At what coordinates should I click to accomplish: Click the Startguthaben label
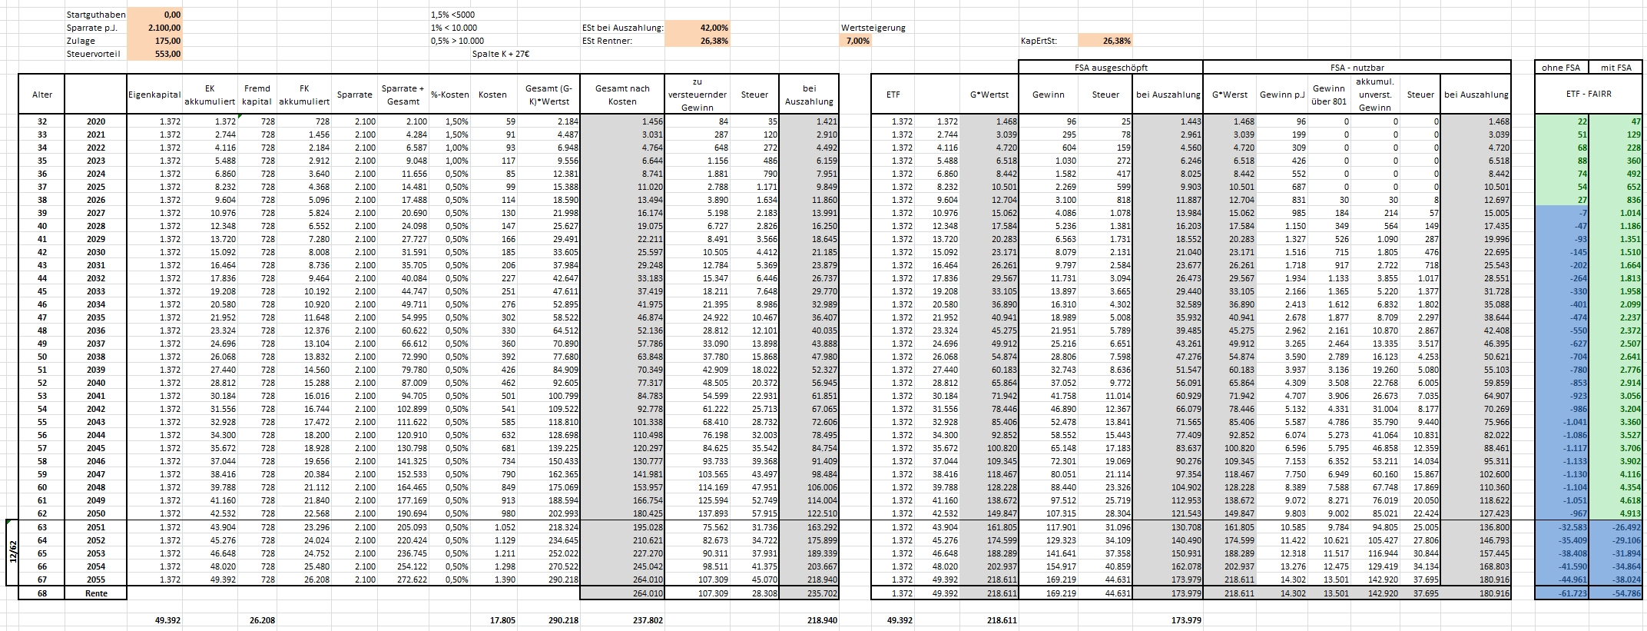click(96, 15)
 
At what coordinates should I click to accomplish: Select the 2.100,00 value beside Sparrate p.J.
click(164, 28)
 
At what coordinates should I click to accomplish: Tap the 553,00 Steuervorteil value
click(167, 54)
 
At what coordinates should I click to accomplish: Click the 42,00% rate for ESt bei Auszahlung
click(714, 28)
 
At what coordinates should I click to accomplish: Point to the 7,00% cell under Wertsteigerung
click(857, 41)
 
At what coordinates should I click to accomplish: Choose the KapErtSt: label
click(1039, 41)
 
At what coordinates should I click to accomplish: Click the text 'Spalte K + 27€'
click(500, 54)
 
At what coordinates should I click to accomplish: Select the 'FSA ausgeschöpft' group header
click(1111, 68)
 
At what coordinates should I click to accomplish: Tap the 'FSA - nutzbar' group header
click(1357, 68)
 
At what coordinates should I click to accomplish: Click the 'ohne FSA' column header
click(1561, 68)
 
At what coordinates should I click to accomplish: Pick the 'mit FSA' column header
click(1616, 68)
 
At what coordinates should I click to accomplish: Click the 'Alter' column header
click(42, 95)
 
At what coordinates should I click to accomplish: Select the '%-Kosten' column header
click(449, 95)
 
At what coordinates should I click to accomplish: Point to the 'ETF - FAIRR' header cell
click(1589, 95)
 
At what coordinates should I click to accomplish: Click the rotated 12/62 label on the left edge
click(13, 552)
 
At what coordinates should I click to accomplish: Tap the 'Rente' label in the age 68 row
click(96, 593)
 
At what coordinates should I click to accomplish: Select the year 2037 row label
click(96, 344)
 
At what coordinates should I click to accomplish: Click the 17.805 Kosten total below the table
click(502, 619)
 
